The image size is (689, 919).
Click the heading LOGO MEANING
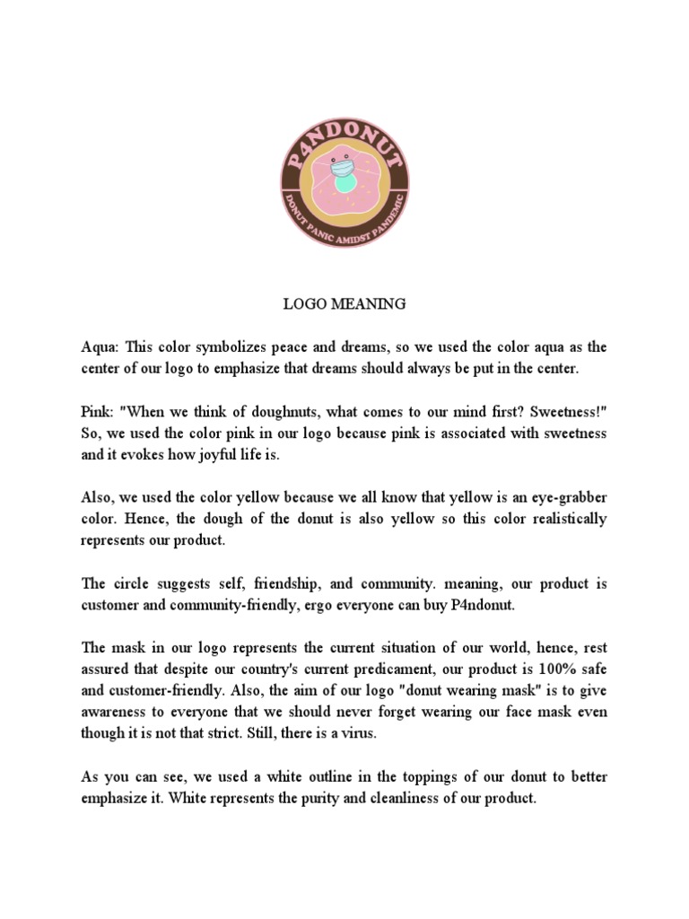(x=344, y=304)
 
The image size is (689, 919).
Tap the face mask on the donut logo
(x=344, y=168)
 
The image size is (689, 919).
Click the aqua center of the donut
(x=344, y=183)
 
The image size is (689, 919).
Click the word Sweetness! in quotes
(x=563, y=411)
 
